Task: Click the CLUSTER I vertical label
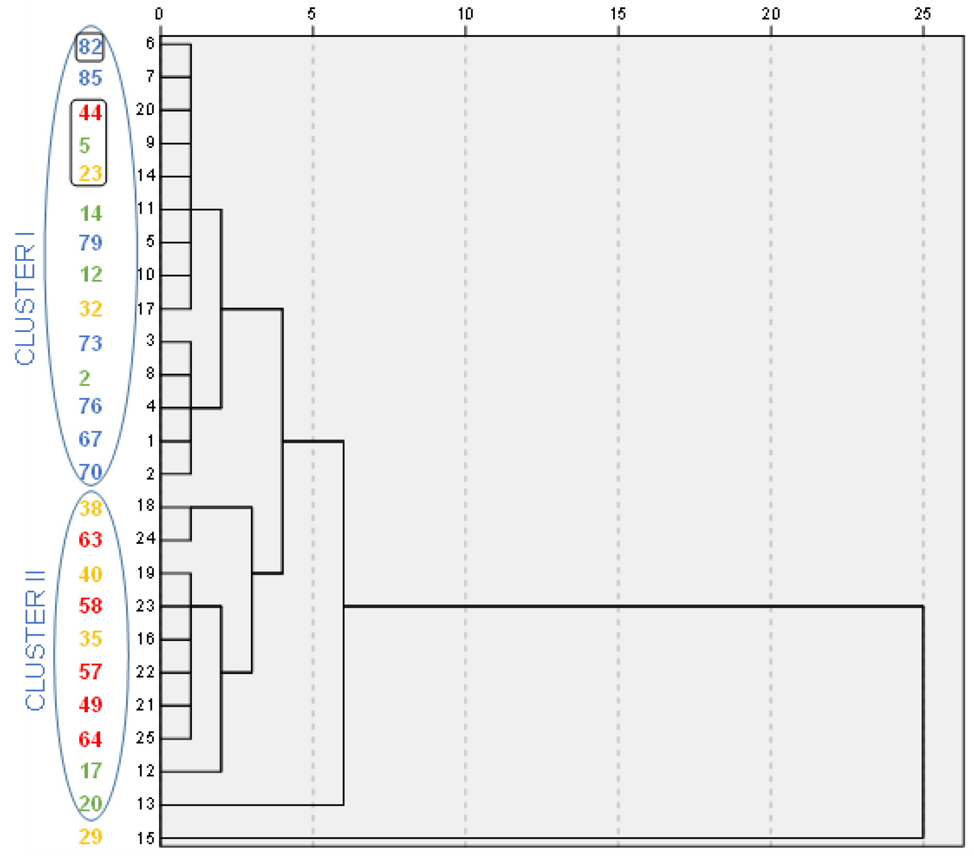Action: click(25, 298)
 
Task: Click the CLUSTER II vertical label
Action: click(35, 640)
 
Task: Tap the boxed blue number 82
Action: click(90, 47)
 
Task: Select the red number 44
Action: click(90, 113)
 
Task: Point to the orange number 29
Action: click(90, 836)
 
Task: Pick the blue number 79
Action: click(90, 243)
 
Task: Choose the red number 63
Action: click(90, 539)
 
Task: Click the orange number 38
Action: click(90, 509)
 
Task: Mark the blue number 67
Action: click(90, 439)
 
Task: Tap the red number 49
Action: click(90, 704)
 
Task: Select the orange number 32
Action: click(90, 308)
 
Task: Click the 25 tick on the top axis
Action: click(922, 14)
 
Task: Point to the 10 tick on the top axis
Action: click(465, 14)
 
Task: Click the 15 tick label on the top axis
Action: click(618, 14)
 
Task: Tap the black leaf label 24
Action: click(145, 538)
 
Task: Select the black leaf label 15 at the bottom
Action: click(145, 838)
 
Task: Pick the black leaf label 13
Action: click(145, 803)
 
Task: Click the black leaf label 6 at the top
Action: click(150, 44)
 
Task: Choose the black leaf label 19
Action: click(145, 573)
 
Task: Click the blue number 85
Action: click(90, 78)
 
